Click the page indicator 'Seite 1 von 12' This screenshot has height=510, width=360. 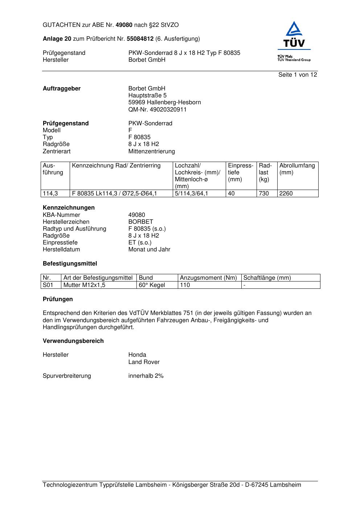click(x=298, y=75)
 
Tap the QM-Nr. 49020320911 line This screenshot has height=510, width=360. click(x=157, y=109)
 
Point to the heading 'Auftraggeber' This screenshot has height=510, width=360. click(x=62, y=89)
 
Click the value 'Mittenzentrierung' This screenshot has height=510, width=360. click(x=151, y=151)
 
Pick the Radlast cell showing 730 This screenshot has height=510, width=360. click(x=264, y=194)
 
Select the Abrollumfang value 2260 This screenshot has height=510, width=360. click(x=286, y=194)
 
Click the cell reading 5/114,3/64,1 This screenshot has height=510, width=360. click(x=192, y=194)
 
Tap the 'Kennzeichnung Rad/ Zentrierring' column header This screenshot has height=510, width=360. click(x=116, y=166)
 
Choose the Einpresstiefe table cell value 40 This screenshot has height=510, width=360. click(x=231, y=194)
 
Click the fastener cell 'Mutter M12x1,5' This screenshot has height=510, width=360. click(x=84, y=285)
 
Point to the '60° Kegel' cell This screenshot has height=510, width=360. click(x=152, y=285)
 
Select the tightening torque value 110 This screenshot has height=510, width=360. click(x=185, y=285)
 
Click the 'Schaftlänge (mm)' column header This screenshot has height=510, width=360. click(x=267, y=278)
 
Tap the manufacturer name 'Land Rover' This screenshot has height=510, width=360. click(x=144, y=362)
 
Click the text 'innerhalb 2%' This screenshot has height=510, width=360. click(x=146, y=376)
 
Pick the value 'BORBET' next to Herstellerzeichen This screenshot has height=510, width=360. click(x=141, y=222)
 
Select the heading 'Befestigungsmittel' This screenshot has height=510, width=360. click(x=70, y=264)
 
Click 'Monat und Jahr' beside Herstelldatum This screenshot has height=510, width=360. click(x=149, y=250)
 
